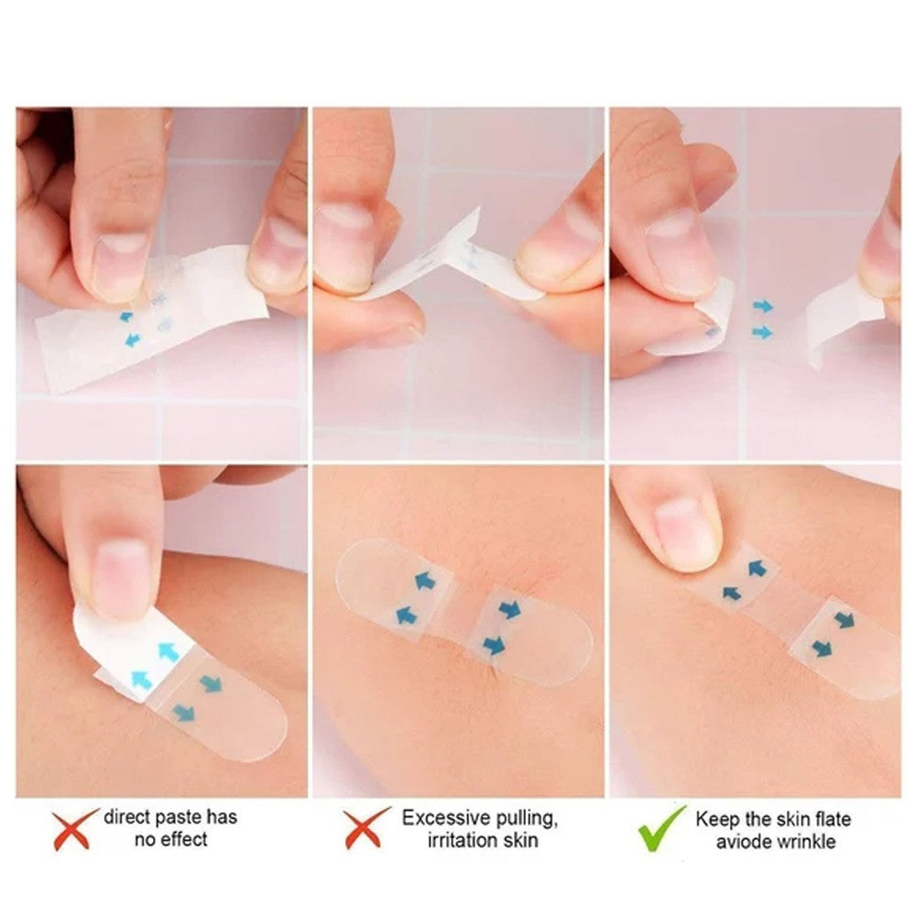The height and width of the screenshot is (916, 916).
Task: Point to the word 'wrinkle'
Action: pyautogui.click(x=801, y=842)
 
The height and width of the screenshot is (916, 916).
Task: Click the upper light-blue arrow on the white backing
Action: pyautogui.click(x=168, y=651)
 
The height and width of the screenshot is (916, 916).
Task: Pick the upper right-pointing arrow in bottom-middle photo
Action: pyautogui.click(x=508, y=608)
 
